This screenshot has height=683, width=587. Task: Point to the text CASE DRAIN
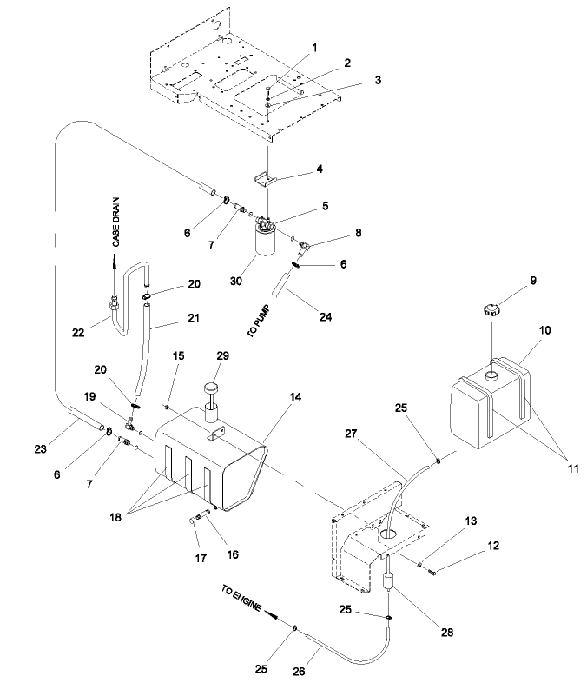[117, 223]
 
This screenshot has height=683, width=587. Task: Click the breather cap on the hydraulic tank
[209, 388]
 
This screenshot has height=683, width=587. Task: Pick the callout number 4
[294, 169]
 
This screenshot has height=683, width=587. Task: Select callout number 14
[297, 396]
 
